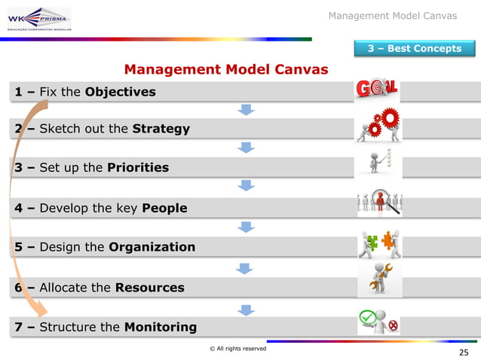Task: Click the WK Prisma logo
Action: (38, 18)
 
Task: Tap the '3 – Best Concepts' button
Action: (414, 49)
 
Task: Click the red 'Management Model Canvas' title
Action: (226, 70)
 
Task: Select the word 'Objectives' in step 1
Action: (121, 92)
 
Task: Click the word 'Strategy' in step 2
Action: (161, 129)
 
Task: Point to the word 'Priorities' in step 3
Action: (138, 167)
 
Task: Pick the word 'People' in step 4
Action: (164, 208)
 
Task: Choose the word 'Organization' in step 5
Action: (152, 247)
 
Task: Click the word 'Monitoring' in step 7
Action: (160, 327)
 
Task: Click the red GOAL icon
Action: (376, 89)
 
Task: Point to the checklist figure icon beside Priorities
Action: (378, 161)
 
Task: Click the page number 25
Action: (463, 352)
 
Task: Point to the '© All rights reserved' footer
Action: (238, 348)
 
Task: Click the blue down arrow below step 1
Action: (246, 110)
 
